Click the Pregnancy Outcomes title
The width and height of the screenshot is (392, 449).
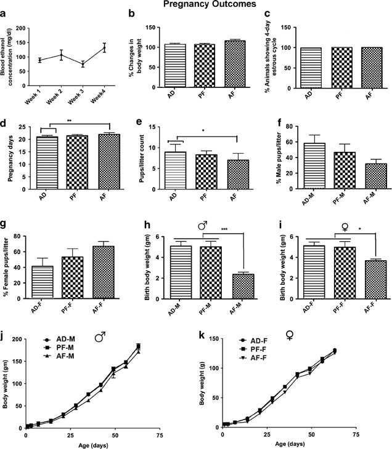coord(196,5)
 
